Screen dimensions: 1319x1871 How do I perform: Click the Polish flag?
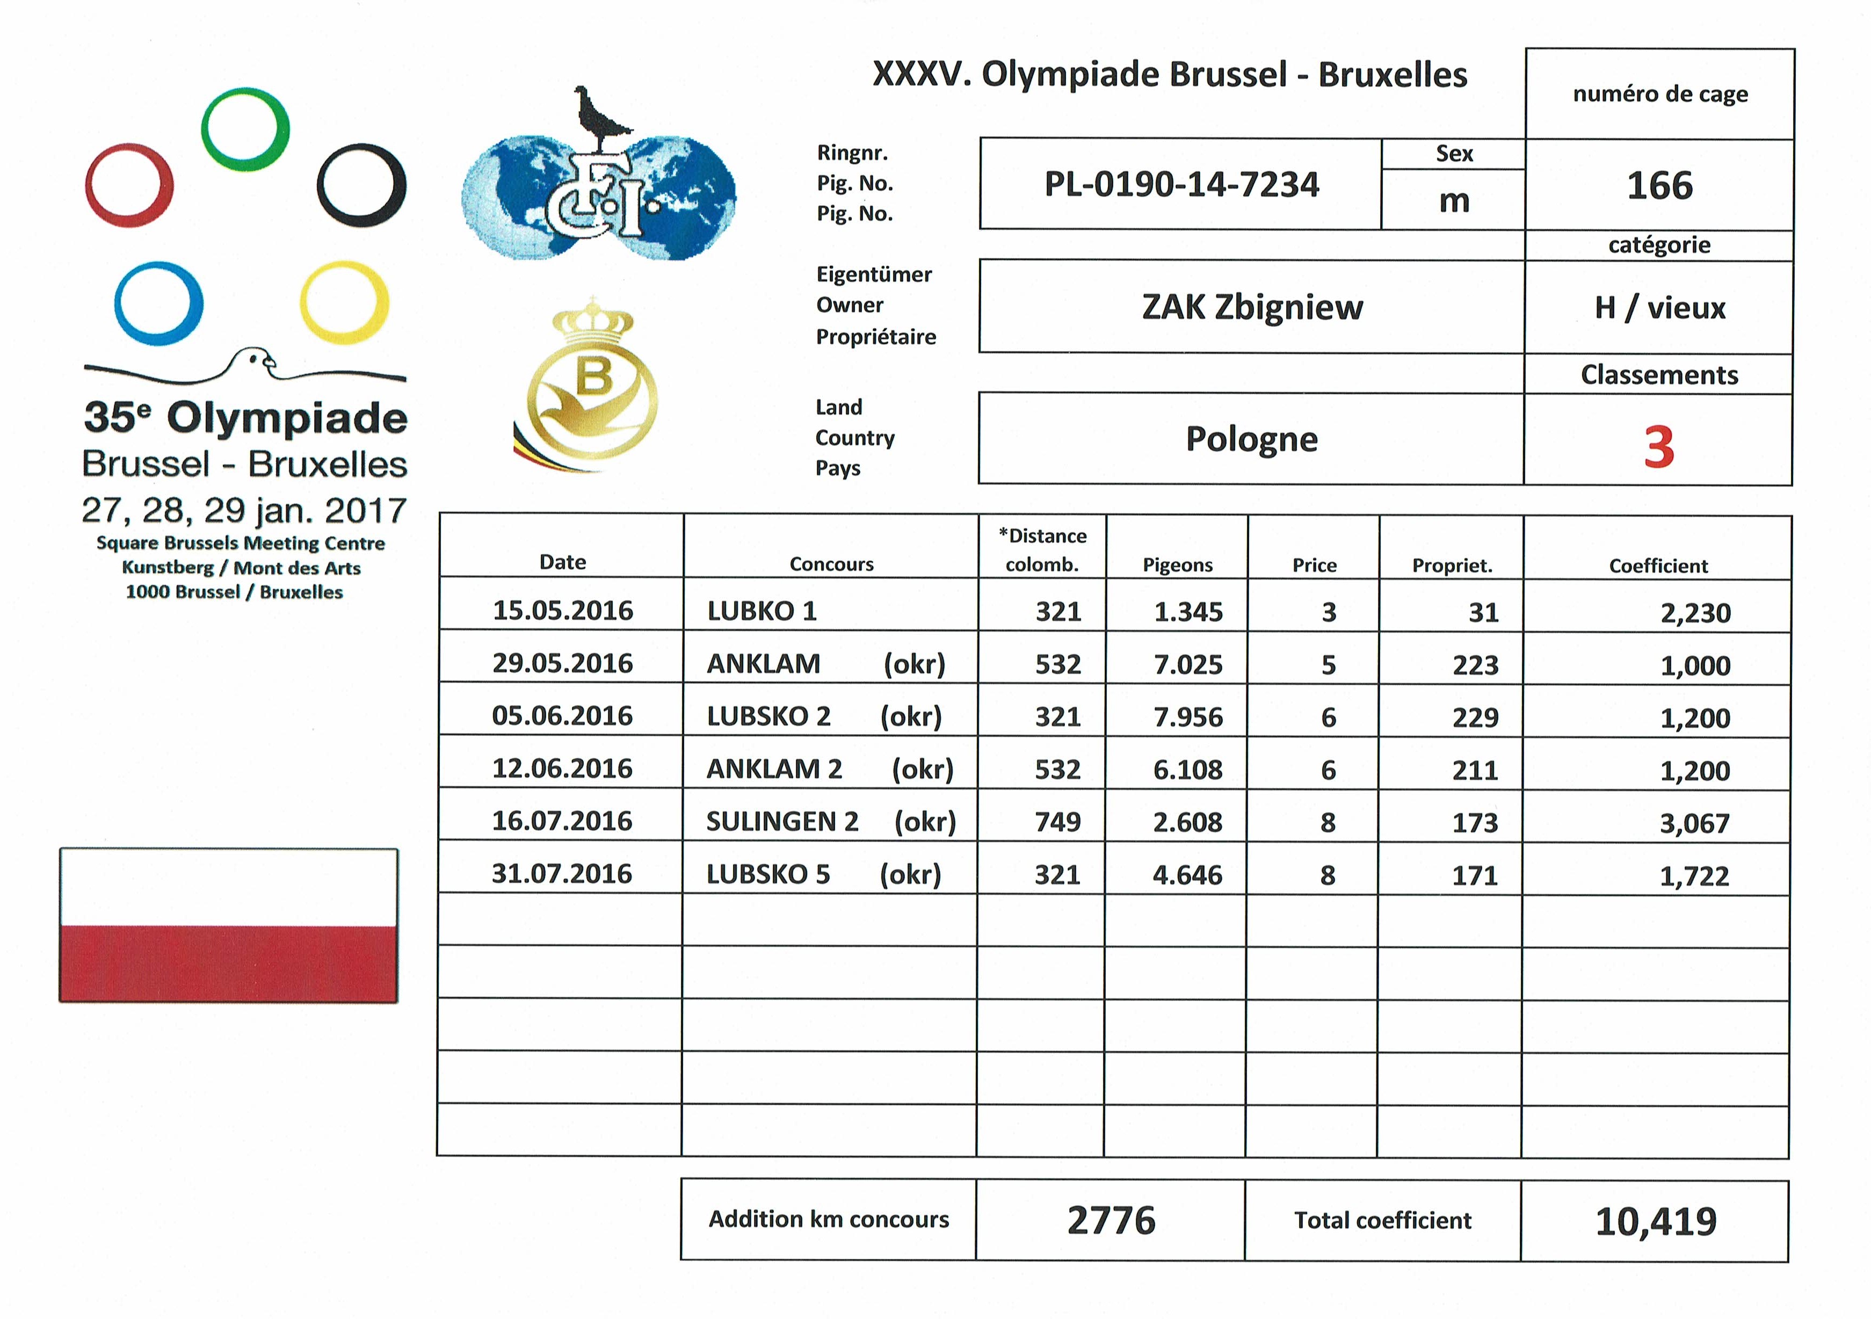click(228, 925)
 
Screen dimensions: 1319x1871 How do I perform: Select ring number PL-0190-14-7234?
click(1181, 185)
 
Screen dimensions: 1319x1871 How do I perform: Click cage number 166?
click(1659, 186)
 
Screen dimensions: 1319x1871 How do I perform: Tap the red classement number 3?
click(1658, 446)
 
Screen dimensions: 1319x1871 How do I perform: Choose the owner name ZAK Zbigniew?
click(1252, 307)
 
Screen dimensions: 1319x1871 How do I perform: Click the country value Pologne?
click(1252, 439)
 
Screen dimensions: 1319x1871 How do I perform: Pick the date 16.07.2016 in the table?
click(562, 821)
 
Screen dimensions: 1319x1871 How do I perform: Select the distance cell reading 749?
click(1058, 821)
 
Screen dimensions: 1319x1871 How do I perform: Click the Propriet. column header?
click(1452, 566)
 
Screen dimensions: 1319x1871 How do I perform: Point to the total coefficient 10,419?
click(1656, 1220)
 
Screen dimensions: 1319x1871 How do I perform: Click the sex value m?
click(1454, 200)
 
